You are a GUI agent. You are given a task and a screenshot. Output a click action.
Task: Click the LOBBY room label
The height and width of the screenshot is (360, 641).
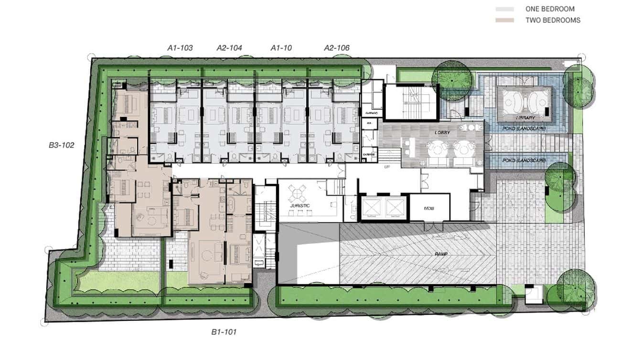coord(443,132)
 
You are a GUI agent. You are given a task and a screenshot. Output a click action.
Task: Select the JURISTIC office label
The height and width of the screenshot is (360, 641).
coord(299,206)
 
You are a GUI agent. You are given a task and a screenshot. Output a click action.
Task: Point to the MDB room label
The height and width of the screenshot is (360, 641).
coord(428,209)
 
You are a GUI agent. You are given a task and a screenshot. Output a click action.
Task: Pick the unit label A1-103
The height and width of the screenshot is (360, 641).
coord(180,48)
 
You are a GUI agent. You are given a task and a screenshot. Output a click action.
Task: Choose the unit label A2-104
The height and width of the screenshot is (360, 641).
coord(229,48)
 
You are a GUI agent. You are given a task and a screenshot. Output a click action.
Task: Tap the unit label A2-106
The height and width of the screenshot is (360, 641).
coord(337,48)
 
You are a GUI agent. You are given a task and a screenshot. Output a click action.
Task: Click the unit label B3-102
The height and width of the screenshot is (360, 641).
coord(62,145)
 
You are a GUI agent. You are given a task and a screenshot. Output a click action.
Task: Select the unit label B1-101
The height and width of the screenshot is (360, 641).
coord(224,332)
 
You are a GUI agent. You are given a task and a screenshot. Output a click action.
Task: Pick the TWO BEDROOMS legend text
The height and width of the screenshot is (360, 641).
coord(553,20)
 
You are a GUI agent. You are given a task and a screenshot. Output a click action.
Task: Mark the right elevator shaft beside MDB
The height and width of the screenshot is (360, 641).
coord(395,207)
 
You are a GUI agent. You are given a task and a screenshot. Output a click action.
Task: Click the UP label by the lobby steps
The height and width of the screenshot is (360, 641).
coord(387,167)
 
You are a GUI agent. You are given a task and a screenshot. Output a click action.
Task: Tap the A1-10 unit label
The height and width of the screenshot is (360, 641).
coord(281,48)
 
